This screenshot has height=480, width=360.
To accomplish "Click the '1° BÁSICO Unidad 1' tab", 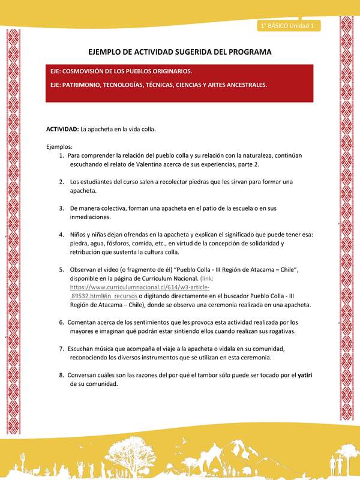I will (290, 26).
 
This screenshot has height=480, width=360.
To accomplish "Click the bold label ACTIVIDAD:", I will (62, 130).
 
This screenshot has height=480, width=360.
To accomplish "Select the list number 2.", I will (62, 181).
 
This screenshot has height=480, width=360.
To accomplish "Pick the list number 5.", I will (62, 269).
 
